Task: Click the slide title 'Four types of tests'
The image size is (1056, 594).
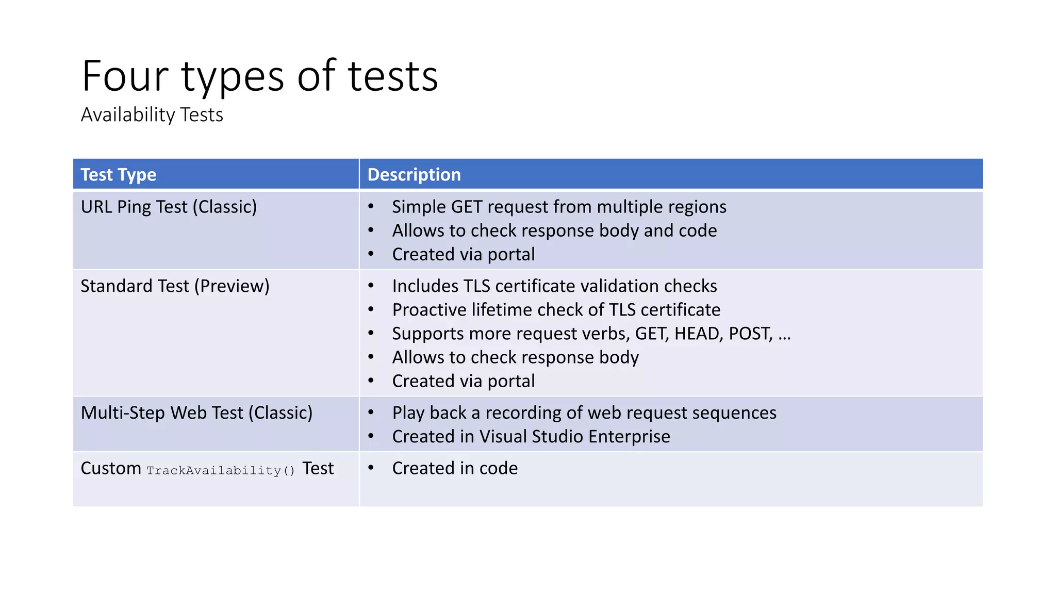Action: (260, 76)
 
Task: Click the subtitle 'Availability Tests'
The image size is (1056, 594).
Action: (152, 115)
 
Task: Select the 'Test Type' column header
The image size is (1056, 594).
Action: (119, 175)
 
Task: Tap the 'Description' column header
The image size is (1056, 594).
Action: (414, 175)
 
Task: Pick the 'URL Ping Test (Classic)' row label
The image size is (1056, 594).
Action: (169, 207)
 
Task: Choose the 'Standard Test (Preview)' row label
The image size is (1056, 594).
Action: (175, 286)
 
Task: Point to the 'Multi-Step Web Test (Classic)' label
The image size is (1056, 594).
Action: (196, 413)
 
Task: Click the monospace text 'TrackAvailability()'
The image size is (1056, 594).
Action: (221, 470)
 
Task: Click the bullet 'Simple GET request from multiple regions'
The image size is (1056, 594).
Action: (559, 207)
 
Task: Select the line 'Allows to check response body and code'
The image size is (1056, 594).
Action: (554, 230)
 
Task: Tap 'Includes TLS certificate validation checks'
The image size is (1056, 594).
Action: (554, 286)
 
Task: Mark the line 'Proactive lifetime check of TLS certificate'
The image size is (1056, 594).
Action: (556, 310)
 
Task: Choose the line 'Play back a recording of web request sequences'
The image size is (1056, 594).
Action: (584, 413)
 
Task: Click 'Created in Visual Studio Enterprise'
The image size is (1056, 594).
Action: (531, 437)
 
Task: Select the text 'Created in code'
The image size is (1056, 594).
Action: (455, 468)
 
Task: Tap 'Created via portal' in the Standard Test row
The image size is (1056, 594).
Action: (463, 381)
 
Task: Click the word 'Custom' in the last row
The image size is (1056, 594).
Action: (111, 468)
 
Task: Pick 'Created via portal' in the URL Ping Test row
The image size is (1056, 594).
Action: (463, 254)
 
